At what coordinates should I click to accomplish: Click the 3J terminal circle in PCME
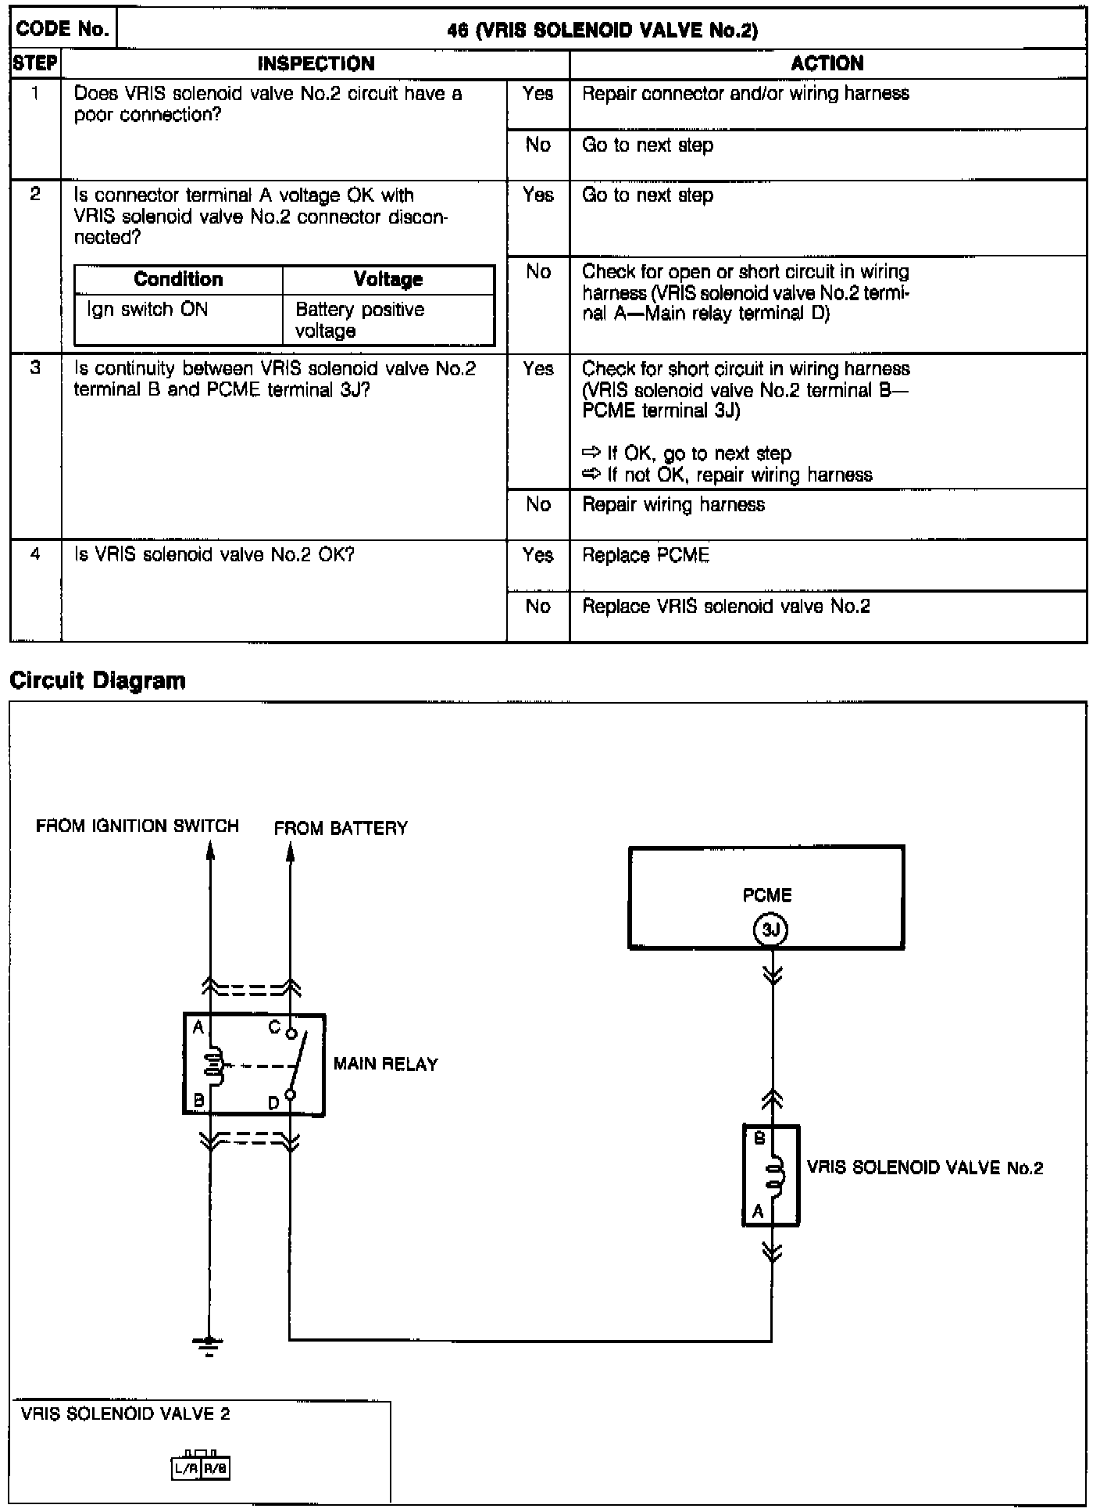770,930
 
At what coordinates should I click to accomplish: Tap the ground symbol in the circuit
209,1345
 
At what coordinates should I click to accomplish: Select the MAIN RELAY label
385,1064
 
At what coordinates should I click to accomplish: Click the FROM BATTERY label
341,828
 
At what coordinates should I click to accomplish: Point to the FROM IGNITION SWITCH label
137,826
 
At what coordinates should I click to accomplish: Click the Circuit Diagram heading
98,680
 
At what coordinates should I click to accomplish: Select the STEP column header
35,63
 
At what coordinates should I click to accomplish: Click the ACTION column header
827,63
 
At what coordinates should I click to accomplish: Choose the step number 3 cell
35,368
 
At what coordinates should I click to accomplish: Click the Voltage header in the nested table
387,280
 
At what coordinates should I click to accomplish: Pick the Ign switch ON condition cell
148,310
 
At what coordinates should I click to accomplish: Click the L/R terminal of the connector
186,1468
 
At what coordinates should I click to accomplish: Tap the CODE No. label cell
62,29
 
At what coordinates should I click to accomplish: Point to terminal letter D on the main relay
273,1103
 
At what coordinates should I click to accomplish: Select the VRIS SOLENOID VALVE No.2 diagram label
924,1168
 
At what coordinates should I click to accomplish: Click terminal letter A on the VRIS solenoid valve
757,1213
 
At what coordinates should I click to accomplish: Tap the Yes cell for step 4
537,556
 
